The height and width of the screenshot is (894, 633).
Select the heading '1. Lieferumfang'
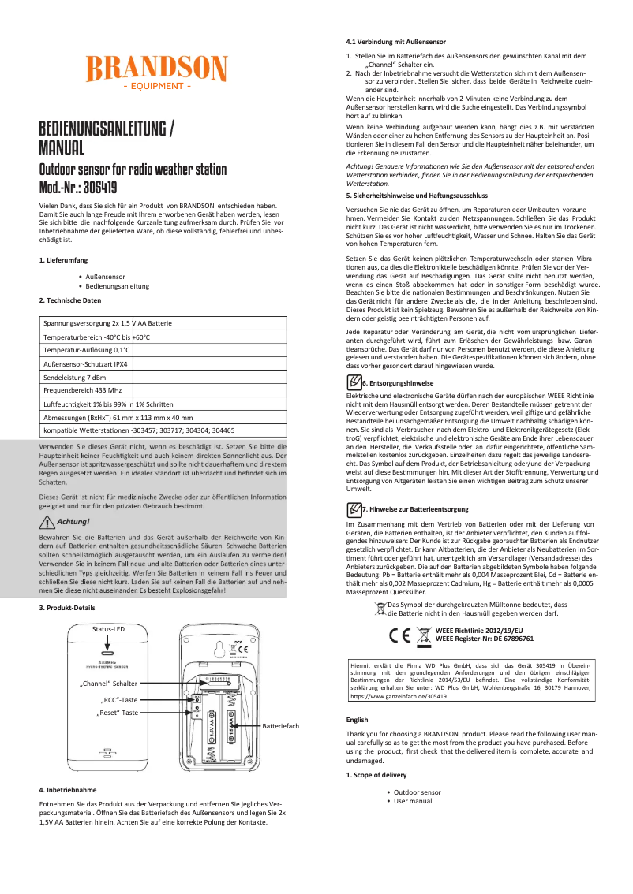pyautogui.click(x=63, y=259)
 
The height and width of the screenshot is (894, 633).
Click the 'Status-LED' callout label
pyautogui.click(x=108, y=607)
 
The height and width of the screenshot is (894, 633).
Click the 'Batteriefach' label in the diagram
pyautogui.click(x=281, y=725)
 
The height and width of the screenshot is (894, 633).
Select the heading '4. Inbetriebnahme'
pyautogui.click(x=68, y=789)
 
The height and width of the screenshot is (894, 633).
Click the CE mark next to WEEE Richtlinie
pyautogui.click(x=400, y=634)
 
